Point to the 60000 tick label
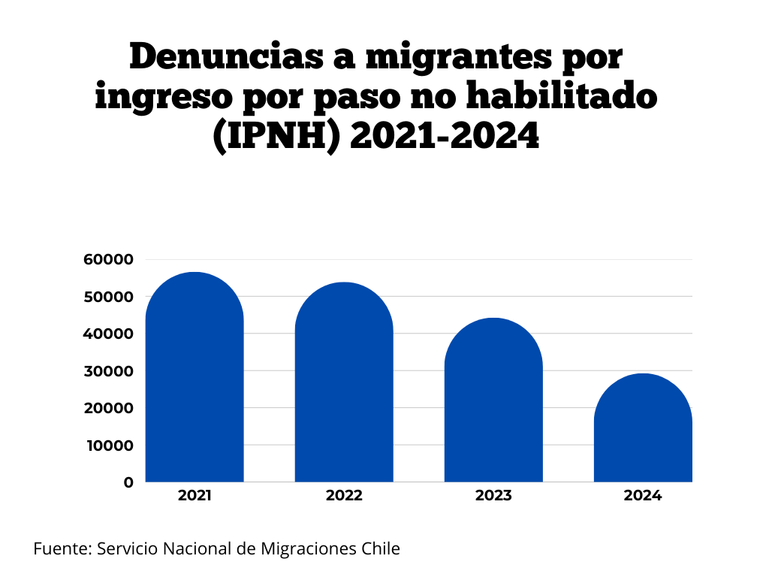coord(108,260)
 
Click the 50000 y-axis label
coord(108,297)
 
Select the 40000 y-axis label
coord(108,334)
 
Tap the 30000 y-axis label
coord(108,371)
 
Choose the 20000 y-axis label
coord(108,408)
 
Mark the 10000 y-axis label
coord(108,445)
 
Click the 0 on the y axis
coord(129,482)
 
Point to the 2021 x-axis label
coord(195,497)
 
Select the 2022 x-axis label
coord(344,497)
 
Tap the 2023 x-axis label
coord(493,497)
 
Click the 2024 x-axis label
coord(643,497)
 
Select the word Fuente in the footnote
coord(61,548)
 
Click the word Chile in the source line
coord(381,548)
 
